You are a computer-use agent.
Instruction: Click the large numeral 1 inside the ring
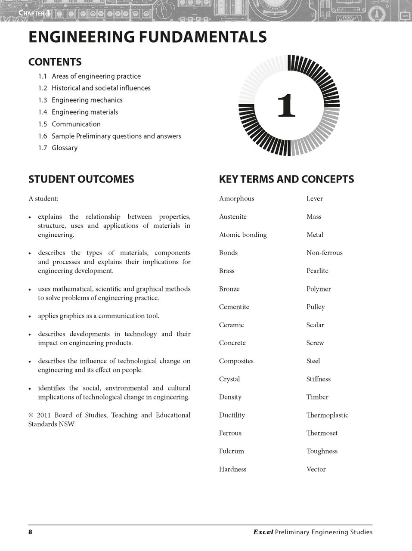286,105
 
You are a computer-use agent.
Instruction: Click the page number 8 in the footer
30,532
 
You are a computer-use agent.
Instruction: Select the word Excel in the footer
263,532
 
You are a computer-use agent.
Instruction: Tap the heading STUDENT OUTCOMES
81,179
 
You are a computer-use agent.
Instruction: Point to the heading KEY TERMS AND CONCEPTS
286,179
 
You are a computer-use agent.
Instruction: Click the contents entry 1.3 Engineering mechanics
80,100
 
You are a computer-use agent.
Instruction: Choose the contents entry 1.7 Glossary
58,148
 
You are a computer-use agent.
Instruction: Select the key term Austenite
232,217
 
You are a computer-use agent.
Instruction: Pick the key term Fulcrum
231,451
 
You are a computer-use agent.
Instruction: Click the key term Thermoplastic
327,415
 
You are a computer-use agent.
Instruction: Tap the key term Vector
316,469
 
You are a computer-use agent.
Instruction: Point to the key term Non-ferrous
324,253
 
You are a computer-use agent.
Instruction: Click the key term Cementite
234,307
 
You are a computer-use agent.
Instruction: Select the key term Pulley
316,307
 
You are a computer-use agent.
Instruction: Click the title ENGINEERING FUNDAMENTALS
147,37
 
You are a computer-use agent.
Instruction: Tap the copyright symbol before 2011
31,415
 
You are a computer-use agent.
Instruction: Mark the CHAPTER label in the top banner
32,13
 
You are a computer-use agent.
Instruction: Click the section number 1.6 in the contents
42,136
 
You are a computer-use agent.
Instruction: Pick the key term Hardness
232,469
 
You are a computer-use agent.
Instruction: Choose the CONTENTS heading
55,62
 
